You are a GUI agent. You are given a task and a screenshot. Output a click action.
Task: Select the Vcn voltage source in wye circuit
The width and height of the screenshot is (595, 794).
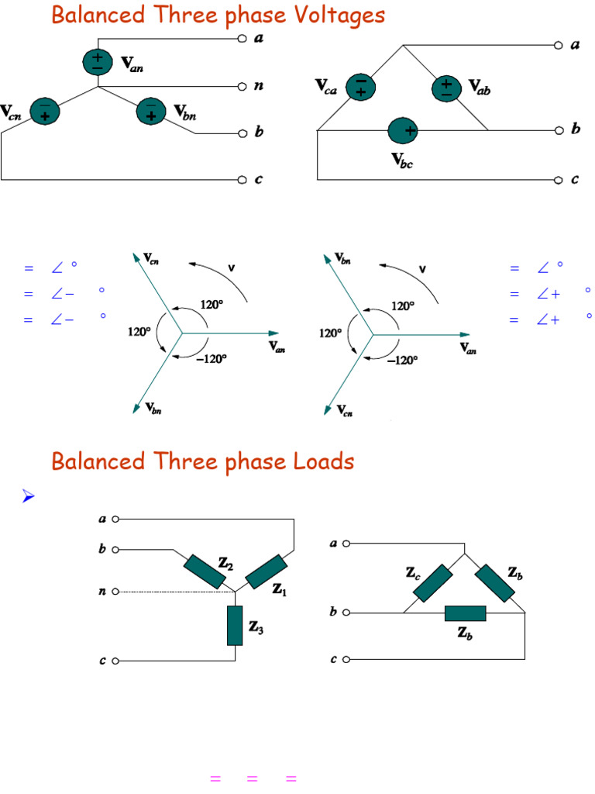45,113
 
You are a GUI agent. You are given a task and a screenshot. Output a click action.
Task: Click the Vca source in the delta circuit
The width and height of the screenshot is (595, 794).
359,87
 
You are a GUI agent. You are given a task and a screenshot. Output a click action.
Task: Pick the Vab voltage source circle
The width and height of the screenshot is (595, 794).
446,88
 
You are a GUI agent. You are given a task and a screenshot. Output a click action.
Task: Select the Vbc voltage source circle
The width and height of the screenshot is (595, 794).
403,131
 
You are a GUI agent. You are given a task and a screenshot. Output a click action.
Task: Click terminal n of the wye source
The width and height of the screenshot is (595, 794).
242,87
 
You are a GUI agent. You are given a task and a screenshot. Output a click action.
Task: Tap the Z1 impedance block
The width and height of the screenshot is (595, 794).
267,572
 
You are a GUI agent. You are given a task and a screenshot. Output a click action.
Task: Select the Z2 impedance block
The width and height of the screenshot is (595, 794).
205,572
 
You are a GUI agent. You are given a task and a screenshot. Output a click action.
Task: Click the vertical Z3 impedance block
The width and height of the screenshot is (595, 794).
235,626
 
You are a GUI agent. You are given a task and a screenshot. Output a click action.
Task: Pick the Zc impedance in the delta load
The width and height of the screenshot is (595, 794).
433,584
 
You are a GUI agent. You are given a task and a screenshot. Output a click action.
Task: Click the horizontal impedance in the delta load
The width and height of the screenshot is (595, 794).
465,613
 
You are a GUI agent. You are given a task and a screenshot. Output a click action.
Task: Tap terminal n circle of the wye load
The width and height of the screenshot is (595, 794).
115,592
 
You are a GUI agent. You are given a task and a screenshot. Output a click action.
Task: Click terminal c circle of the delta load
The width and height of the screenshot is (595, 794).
347,660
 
